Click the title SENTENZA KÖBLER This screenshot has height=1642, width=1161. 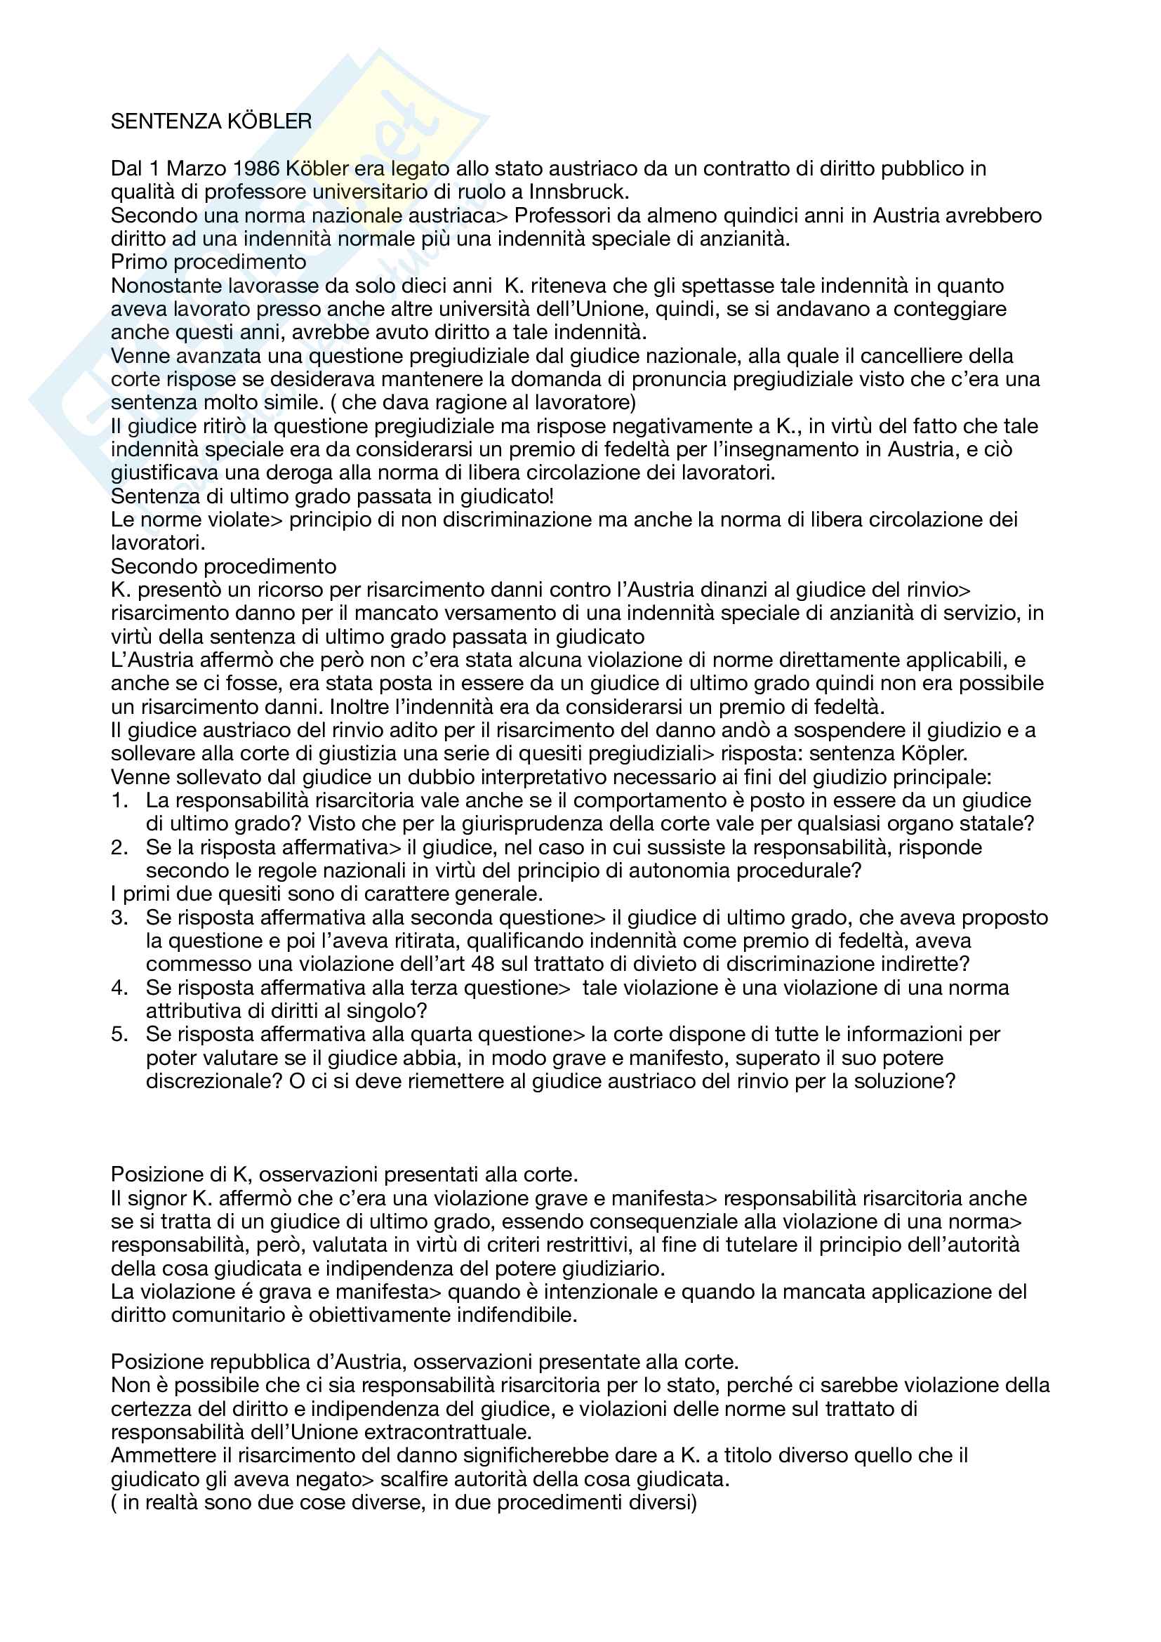pyautogui.click(x=211, y=121)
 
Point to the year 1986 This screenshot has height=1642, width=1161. pyautogui.click(x=256, y=168)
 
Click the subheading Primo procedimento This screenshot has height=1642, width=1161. pyautogui.click(x=208, y=262)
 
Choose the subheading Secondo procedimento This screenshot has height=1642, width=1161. pyautogui.click(x=223, y=567)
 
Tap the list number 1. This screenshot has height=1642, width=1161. pyautogui.click(x=118, y=800)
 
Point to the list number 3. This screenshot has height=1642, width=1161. pyautogui.click(x=119, y=918)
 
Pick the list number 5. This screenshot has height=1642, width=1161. pyautogui.click(x=119, y=1034)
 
